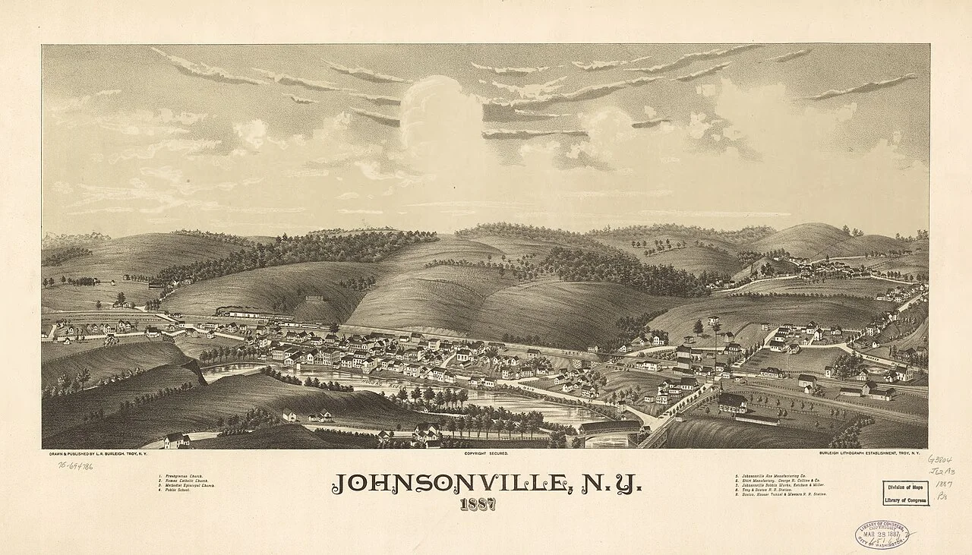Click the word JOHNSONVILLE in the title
[x=447, y=484]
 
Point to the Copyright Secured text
[x=486, y=453]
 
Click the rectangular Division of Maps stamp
[x=905, y=493]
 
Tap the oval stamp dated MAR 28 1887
[x=881, y=535]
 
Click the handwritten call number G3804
[x=939, y=460]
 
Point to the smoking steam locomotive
[x=228, y=311]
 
